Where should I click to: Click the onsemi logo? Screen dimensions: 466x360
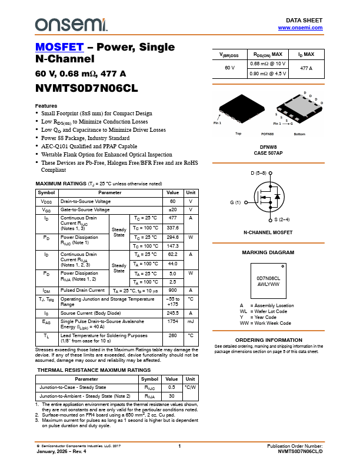[x=71, y=24]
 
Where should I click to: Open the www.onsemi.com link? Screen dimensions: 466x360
[x=300, y=28]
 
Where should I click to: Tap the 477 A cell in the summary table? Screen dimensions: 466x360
[x=306, y=69]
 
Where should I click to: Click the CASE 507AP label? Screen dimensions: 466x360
[x=268, y=153]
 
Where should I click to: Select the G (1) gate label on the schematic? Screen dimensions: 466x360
[x=235, y=203]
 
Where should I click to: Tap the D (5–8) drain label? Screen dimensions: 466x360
[x=258, y=173]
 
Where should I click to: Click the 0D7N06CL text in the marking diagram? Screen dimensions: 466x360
[x=268, y=278]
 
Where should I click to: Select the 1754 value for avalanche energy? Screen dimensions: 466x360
[x=172, y=321]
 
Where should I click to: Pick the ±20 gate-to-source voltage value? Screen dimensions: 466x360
[x=172, y=209]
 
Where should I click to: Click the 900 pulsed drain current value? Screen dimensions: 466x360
[x=172, y=290]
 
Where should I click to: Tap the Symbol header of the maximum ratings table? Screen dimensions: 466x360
[x=46, y=192]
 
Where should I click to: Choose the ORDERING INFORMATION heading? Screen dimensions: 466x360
[x=268, y=340]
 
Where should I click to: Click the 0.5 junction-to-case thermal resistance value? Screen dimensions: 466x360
[x=172, y=388]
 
